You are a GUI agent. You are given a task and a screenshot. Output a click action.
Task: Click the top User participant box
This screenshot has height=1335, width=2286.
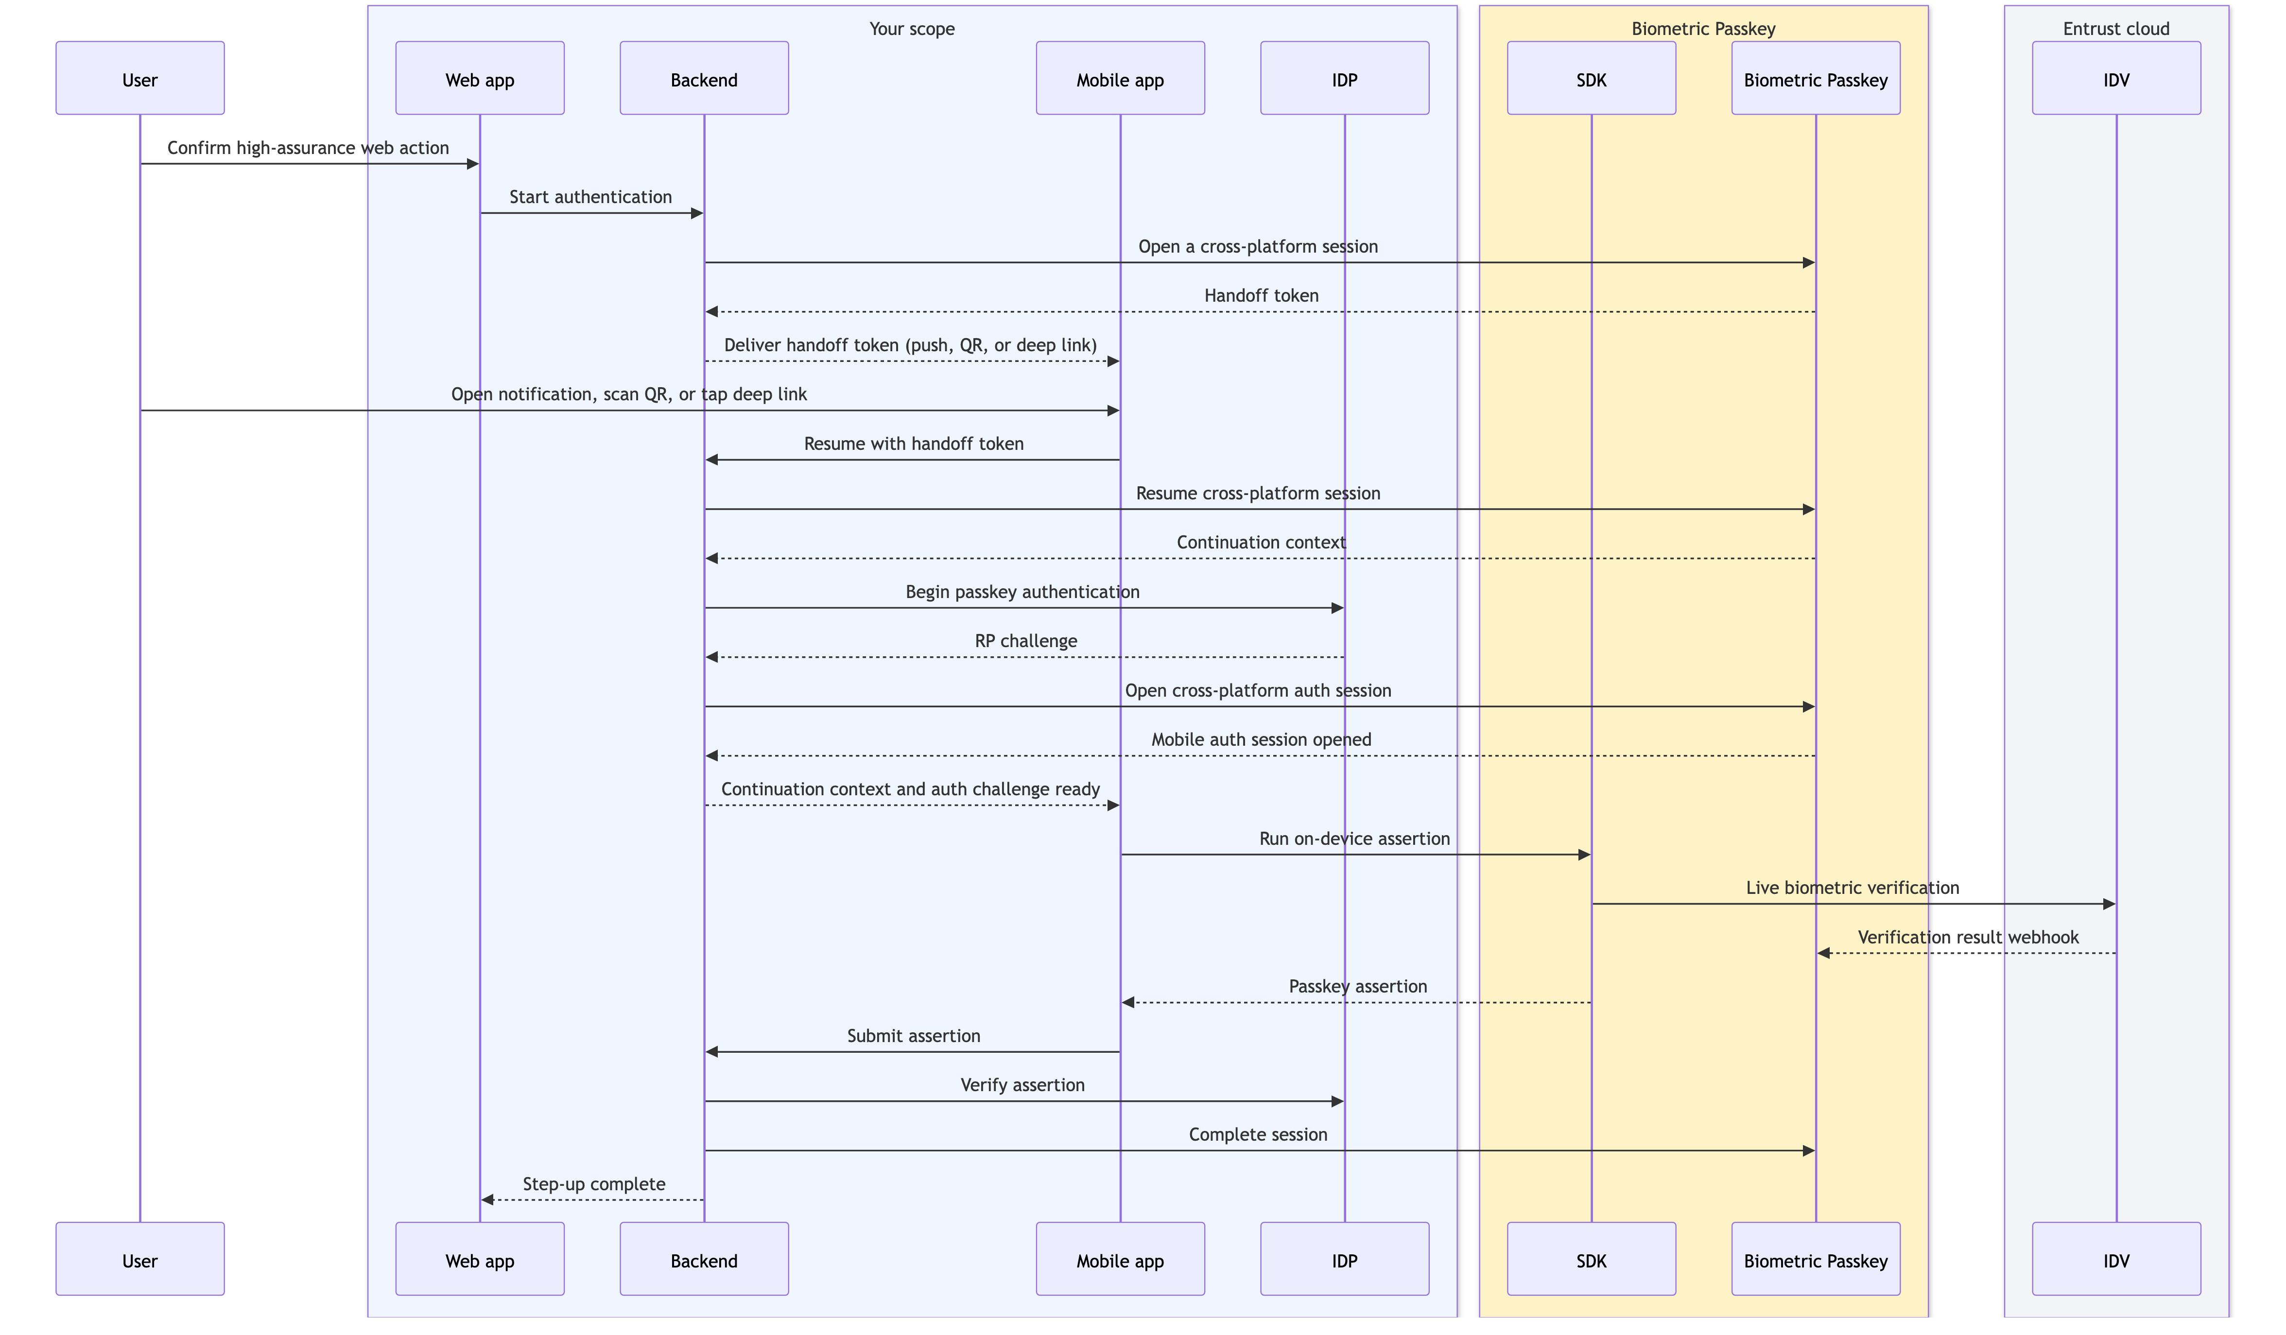pos(139,78)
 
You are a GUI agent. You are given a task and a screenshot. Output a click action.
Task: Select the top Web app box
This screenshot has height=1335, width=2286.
pos(480,78)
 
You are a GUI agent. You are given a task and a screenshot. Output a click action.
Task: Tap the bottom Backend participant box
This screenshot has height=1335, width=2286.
pos(704,1259)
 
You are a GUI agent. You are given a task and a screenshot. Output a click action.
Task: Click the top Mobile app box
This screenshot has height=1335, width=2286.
pos(1120,78)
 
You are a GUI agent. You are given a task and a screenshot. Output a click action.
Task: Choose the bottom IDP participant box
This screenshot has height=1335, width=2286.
pos(1344,1259)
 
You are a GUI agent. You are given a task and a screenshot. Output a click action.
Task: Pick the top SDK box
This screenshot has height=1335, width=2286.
pos(1591,78)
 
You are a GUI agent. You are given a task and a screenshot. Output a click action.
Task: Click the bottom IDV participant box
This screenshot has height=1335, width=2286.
pos(2116,1259)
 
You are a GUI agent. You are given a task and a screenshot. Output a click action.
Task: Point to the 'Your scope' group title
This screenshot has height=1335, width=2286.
pos(912,29)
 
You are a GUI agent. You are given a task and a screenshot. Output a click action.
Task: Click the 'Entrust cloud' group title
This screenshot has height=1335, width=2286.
pos(2116,29)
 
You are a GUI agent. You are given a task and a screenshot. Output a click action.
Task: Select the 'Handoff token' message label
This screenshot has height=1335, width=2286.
pos(1261,296)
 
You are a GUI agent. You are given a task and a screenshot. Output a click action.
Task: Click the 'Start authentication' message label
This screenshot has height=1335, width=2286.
pos(590,197)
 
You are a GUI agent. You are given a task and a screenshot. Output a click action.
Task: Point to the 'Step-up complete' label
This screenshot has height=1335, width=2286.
pos(594,1183)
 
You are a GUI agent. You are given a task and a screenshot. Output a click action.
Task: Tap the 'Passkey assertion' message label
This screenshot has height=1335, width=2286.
pos(1358,986)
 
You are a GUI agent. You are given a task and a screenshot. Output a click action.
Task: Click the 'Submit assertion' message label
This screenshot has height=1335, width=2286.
pos(914,1036)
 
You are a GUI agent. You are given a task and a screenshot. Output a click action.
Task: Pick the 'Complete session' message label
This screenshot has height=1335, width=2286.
pos(1258,1134)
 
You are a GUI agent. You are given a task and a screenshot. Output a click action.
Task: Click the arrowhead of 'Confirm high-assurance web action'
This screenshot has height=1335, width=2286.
pos(473,164)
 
